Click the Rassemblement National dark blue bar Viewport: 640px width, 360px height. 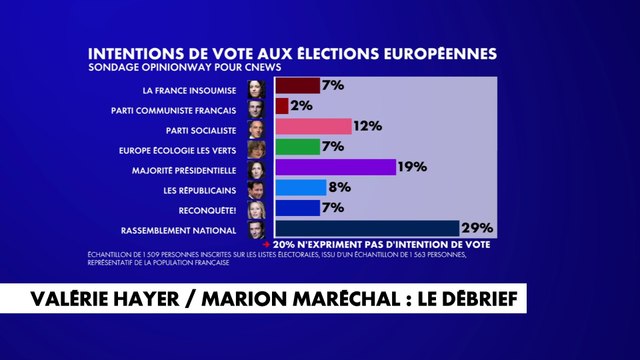coord(366,228)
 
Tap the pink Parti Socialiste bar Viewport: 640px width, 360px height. coord(312,126)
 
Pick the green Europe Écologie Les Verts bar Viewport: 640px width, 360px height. coord(297,146)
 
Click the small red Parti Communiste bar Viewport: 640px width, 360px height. coord(281,105)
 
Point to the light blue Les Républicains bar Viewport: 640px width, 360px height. coord(300,187)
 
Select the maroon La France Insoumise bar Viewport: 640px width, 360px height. coord(297,85)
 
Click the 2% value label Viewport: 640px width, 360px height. coord(302,105)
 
